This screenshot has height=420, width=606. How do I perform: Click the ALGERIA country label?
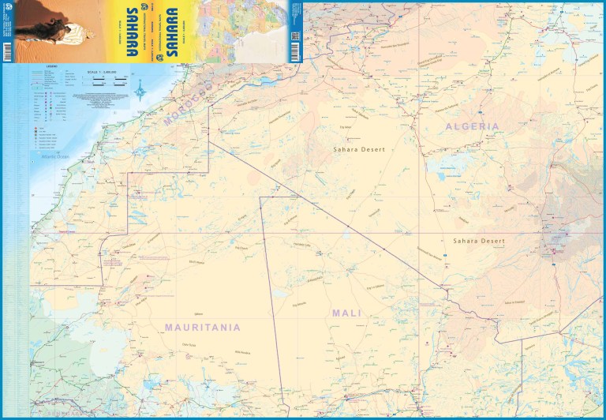tap(472, 126)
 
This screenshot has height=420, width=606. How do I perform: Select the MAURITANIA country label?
tap(202, 326)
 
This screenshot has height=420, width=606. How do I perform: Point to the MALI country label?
tap(346, 313)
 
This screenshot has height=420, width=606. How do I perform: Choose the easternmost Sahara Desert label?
tap(477, 240)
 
